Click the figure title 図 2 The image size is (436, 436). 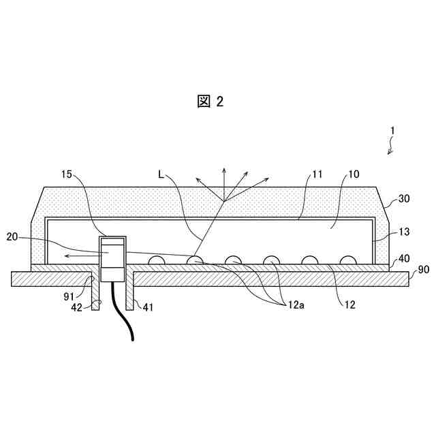[210, 102]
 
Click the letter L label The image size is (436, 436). [161, 174]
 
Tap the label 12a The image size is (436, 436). [294, 306]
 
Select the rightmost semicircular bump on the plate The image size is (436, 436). [348, 261]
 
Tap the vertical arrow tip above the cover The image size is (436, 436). [223, 168]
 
